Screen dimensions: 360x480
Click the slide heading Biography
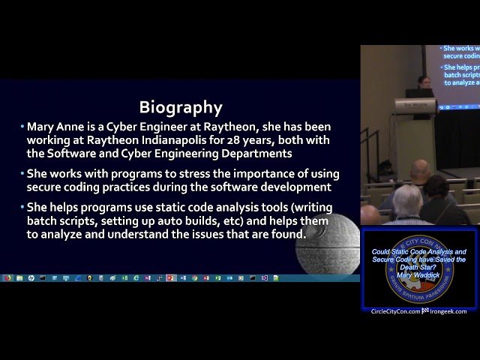click(x=181, y=107)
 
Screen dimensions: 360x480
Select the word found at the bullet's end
click(x=288, y=235)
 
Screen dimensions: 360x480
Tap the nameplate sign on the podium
click(x=410, y=105)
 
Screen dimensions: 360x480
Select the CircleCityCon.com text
click(x=395, y=311)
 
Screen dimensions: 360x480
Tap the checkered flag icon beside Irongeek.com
click(x=425, y=311)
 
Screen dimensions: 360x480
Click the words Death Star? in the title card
click(x=418, y=267)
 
